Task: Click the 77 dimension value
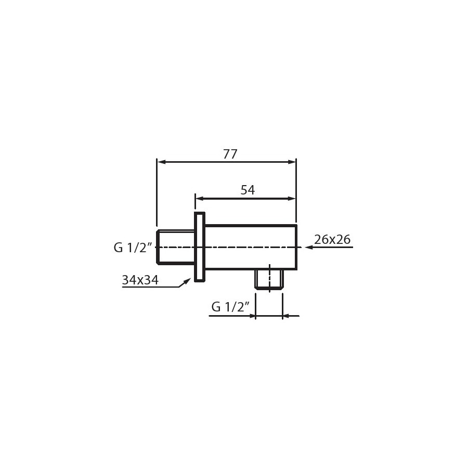pos(230,154)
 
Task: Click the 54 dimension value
pos(248,190)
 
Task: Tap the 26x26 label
pos(332,239)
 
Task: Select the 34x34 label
pos(140,280)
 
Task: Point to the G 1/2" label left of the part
pos(133,248)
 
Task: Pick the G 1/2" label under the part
pos(230,306)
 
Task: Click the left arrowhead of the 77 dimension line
pos(162,162)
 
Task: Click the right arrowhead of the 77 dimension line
pos(292,162)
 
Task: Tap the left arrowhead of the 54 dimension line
pos(200,199)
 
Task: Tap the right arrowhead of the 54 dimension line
pos(291,199)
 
